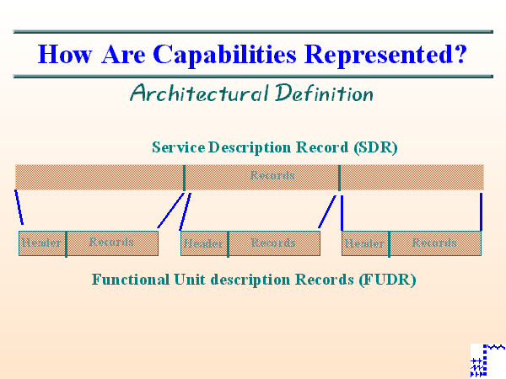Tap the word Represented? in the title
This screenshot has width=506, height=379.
(x=386, y=55)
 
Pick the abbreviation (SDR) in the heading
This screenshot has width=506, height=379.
(x=376, y=147)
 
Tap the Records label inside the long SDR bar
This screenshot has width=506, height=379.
(x=272, y=176)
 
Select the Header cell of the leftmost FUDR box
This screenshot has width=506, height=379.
(x=42, y=243)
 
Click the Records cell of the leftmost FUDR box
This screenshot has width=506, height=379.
(x=112, y=243)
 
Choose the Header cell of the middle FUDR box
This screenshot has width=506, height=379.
(x=204, y=243)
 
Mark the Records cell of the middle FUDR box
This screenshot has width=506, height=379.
(x=274, y=243)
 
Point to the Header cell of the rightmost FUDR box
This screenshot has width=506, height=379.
(x=365, y=243)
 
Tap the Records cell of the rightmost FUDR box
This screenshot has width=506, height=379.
(x=435, y=243)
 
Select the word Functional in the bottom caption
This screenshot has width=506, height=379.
(x=130, y=279)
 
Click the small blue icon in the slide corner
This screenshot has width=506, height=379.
(x=487, y=360)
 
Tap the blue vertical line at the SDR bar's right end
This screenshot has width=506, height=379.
(x=481, y=211)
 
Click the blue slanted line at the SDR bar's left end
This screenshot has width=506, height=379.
(x=19, y=208)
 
